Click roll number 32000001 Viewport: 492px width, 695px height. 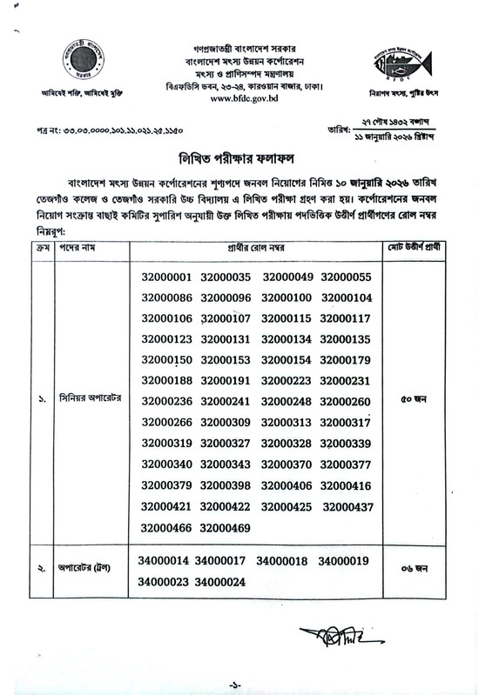pyautogui.click(x=165, y=277)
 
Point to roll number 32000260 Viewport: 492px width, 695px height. pyautogui.click(x=346, y=402)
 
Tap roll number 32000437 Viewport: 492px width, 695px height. pyautogui.click(x=347, y=506)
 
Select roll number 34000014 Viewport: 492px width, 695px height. pyautogui.click(x=163, y=561)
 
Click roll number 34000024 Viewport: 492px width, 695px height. pyautogui.click(x=220, y=582)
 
